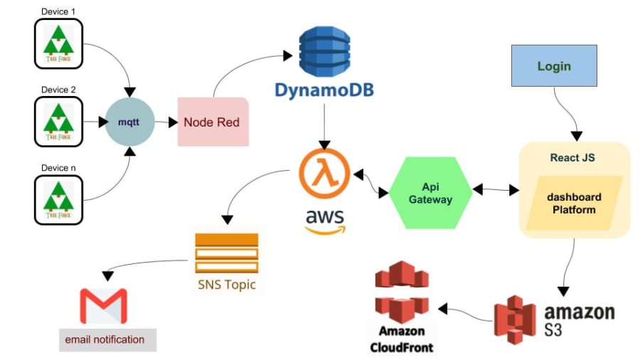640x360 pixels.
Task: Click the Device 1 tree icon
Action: click(58, 43)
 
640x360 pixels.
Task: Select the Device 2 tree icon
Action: click(58, 122)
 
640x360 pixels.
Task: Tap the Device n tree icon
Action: click(58, 200)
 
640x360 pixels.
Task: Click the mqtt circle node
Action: click(129, 122)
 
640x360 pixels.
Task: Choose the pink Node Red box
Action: click(212, 122)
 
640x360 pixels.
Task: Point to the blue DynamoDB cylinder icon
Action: click(324, 51)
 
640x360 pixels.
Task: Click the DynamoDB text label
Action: click(324, 90)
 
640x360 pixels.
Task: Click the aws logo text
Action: click(324, 219)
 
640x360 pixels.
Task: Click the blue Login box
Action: click(554, 66)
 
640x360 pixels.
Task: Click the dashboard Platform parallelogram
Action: click(574, 203)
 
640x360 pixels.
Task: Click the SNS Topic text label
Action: click(226, 285)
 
